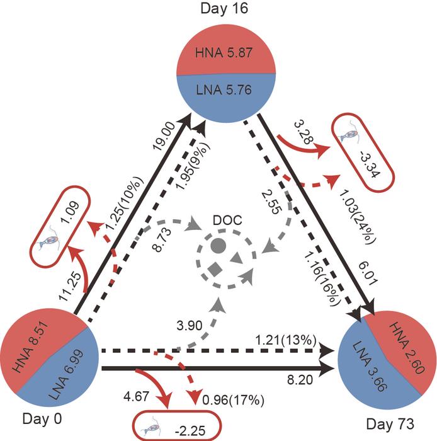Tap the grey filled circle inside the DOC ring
pyautogui.click(x=218, y=245)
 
